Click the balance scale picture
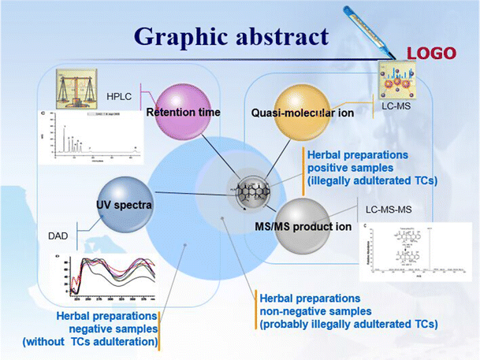pos(76,88)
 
